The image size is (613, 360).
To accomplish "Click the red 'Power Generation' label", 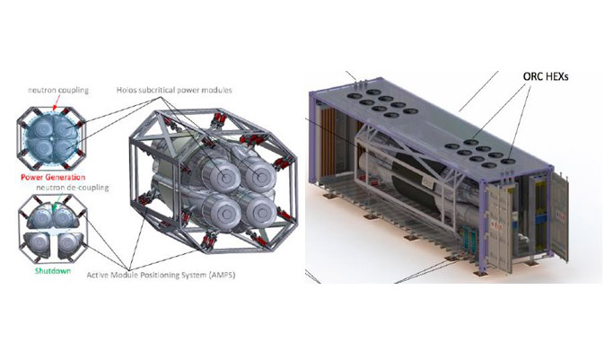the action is point(53,177).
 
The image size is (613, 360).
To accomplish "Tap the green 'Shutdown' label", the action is point(53,270).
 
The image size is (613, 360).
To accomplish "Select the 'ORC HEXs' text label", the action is point(546,76).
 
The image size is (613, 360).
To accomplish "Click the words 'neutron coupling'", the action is point(58,91).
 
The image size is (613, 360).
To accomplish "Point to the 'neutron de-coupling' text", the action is point(72,188).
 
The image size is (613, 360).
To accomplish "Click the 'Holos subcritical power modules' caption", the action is point(174,91).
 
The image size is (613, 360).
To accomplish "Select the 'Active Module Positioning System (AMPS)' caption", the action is point(161,275).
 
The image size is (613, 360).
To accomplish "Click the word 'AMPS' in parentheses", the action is point(222,276).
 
